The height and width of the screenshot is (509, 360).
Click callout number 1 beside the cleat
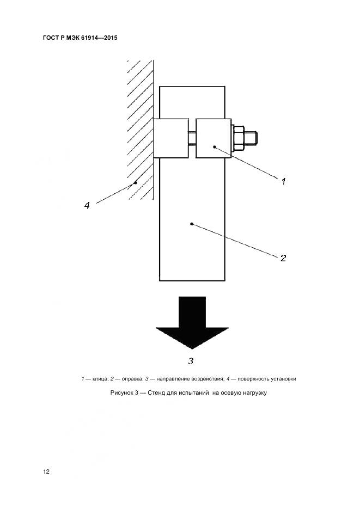point(283,182)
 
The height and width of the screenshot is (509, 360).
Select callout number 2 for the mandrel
point(283,257)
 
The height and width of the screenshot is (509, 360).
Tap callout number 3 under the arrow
point(191,360)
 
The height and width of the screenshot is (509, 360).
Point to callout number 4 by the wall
point(87,205)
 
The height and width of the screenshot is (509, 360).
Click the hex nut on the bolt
point(237,138)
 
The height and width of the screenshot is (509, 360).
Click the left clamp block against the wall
point(170,138)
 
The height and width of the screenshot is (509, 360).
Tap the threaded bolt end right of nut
point(253,138)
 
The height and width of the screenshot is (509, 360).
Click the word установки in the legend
point(280,378)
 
